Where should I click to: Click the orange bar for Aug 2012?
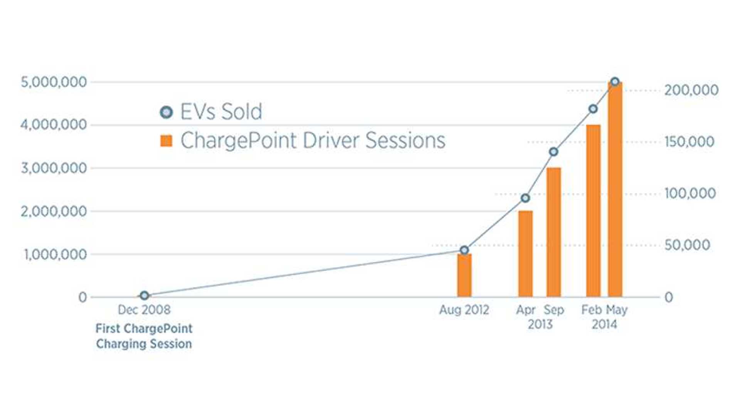tap(464, 276)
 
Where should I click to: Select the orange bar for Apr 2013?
tap(525, 254)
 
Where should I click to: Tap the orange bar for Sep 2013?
tap(553, 233)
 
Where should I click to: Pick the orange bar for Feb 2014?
tap(593, 211)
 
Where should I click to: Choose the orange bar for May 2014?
tap(615, 190)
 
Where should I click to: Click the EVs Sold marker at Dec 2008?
tap(144, 295)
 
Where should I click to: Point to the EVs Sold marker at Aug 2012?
tap(464, 250)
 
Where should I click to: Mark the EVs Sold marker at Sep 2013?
tap(553, 152)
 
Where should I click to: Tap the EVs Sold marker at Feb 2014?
tap(593, 109)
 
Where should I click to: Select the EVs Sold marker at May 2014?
tap(615, 82)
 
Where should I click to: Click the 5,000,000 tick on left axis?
tap(54, 82)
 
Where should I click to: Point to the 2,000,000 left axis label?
tap(54, 211)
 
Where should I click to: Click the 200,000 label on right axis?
tap(691, 91)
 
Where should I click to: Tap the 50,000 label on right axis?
tap(687, 245)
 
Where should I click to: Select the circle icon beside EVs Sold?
tap(166, 112)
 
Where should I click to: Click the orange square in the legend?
tap(166, 141)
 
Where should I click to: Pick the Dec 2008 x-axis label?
tap(144, 310)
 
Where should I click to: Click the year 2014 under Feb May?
tap(604, 324)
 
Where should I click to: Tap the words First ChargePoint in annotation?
tap(144, 329)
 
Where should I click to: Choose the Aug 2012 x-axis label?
tap(464, 310)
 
